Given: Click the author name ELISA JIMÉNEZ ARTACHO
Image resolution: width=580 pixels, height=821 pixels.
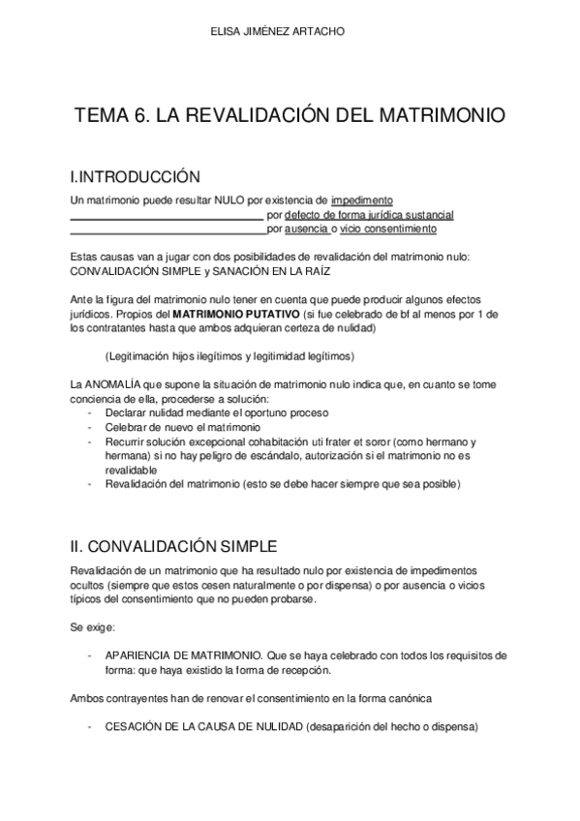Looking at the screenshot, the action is click(290, 31).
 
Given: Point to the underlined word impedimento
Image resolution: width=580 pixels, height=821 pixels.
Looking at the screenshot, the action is click(362, 199).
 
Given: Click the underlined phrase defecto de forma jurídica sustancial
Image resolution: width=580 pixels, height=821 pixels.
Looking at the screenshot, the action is click(369, 214).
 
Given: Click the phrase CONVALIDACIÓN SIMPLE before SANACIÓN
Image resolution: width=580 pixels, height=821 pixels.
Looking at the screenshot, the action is click(134, 272).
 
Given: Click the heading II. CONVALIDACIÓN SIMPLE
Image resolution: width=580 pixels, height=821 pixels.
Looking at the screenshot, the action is click(174, 544).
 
